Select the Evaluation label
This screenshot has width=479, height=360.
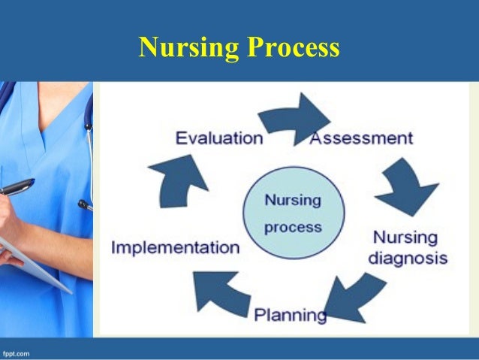coord(218,138)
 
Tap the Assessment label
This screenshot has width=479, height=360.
coord(361,138)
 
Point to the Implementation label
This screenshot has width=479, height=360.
coord(175,247)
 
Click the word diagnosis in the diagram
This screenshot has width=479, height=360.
coord(407,258)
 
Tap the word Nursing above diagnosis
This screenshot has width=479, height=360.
coord(405,237)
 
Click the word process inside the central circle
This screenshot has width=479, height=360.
coord(293,225)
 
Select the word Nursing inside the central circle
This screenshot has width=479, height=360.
coord(293,201)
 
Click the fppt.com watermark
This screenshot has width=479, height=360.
coord(17,352)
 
